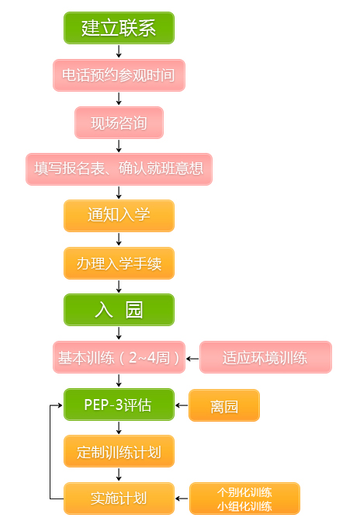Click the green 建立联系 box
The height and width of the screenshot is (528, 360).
(119, 28)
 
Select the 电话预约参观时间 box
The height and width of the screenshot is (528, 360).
(119, 75)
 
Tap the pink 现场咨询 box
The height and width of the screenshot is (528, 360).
(119, 123)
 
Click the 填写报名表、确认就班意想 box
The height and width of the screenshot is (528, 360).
(119, 169)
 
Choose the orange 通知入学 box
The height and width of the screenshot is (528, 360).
(119, 216)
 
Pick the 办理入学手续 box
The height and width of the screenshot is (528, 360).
(119, 263)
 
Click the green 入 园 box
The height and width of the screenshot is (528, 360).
(119, 310)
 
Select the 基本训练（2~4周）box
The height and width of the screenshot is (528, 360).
(119, 357)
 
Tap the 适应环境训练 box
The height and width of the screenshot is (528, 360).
(266, 357)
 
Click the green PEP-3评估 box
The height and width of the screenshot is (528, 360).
(119, 405)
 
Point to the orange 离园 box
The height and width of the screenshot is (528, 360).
(224, 405)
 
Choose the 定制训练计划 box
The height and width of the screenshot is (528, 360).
(119, 451)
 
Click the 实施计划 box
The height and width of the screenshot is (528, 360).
(119, 498)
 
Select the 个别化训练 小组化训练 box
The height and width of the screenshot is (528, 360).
(244, 498)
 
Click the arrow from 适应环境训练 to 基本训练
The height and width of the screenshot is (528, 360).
(192, 359)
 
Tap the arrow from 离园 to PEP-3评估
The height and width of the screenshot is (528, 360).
(182, 405)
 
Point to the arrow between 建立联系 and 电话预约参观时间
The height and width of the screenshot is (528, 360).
(119, 51)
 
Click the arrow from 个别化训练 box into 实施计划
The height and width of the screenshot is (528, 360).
(182, 498)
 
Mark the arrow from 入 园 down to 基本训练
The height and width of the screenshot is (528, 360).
(119, 333)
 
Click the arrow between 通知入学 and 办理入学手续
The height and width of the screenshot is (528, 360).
(119, 239)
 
